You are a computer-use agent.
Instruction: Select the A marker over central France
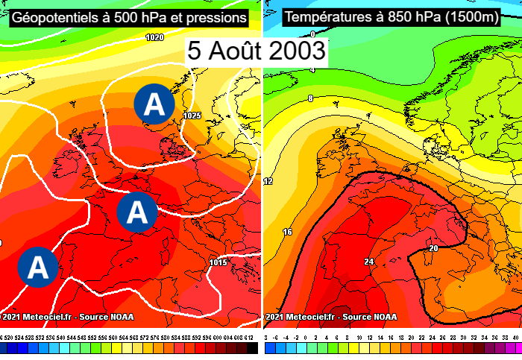tap(136, 212)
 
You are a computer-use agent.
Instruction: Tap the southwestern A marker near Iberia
tap(36, 266)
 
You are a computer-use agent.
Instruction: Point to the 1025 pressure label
tap(192, 116)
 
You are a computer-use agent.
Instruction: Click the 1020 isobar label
tap(155, 37)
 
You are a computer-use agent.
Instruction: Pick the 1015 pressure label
tap(218, 262)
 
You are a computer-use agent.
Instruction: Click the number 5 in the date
tap(196, 51)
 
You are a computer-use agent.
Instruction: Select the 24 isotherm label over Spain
tap(368, 262)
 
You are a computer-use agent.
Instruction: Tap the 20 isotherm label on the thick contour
tap(432, 248)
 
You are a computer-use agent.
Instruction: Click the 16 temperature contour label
tap(288, 233)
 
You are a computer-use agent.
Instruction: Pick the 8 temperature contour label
tap(309, 98)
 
